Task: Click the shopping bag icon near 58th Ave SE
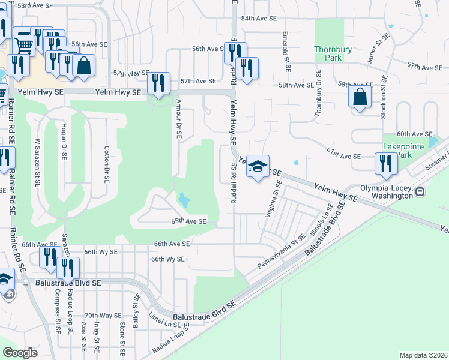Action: [x=359, y=97]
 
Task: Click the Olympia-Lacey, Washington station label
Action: [x=387, y=191]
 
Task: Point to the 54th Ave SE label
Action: [x=259, y=19]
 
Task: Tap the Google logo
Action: [x=20, y=353]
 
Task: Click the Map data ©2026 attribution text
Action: [x=423, y=355]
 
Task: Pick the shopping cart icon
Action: [x=23, y=43]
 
